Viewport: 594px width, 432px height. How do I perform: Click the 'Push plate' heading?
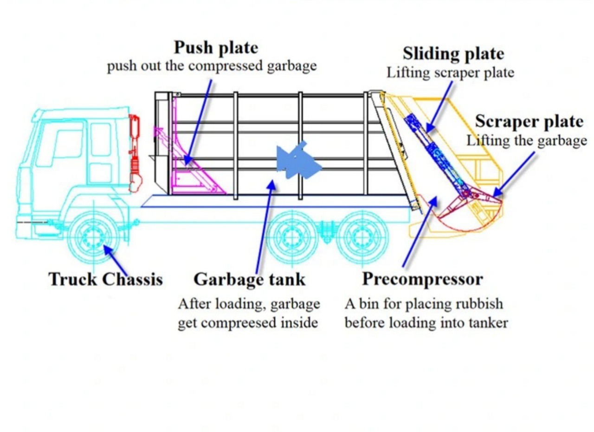coord(216,47)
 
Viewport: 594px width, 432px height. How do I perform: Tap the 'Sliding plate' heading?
coord(453,53)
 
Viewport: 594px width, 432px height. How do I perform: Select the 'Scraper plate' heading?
coord(529,122)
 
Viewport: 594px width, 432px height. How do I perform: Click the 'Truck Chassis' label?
coord(106,279)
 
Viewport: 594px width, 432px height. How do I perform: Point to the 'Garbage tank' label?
coord(249,279)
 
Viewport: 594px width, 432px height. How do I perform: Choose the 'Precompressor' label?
coord(422,279)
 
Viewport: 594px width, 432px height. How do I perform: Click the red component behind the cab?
coord(135,153)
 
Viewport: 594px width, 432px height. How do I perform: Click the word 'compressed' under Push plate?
coord(226,65)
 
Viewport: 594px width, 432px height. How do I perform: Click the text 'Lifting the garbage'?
coord(527,140)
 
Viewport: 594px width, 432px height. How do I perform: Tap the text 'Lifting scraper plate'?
coord(451,72)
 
